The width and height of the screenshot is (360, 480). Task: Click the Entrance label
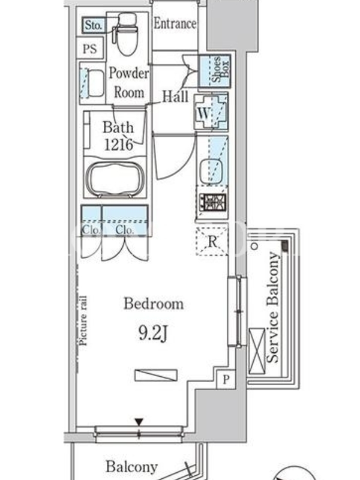coord(175,23)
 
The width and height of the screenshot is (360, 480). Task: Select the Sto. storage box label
coord(94,25)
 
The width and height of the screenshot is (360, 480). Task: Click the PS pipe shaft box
coord(90,49)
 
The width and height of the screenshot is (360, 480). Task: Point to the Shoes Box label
coord(220,70)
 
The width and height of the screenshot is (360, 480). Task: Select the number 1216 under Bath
coord(119,145)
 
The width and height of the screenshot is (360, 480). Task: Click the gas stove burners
coord(212,202)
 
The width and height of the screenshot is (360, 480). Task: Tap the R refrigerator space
coord(212,242)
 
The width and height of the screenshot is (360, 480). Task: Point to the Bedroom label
coord(154,304)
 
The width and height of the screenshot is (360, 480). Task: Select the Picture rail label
coord(83,320)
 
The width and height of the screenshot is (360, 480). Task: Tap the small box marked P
coord(226,379)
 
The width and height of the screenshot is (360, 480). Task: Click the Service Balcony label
coord(273,307)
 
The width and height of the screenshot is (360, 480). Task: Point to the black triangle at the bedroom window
coord(139,422)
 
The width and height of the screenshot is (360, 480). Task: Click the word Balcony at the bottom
coord(131,467)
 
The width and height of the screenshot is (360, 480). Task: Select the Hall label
coord(175,97)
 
